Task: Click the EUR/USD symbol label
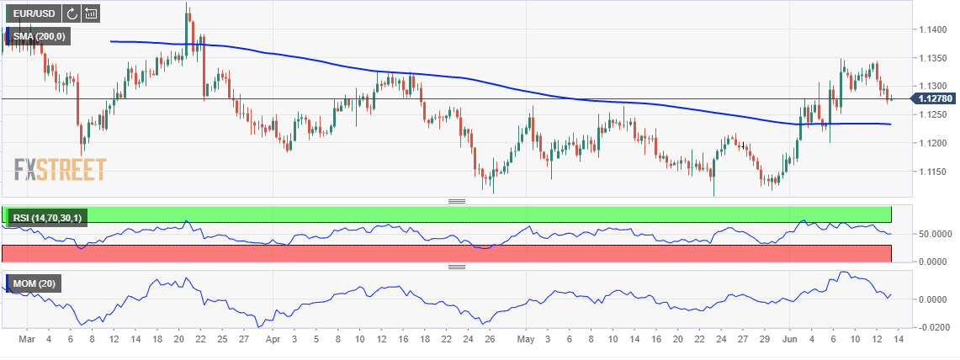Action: [33, 13]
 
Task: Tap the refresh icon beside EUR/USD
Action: [72, 13]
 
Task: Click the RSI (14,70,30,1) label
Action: [48, 219]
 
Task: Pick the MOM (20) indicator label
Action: [35, 284]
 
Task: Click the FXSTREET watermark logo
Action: [60, 170]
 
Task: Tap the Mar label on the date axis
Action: [26, 341]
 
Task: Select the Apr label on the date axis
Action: [272, 341]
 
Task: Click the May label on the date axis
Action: [526, 341]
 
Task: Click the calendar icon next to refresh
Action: [91, 13]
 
